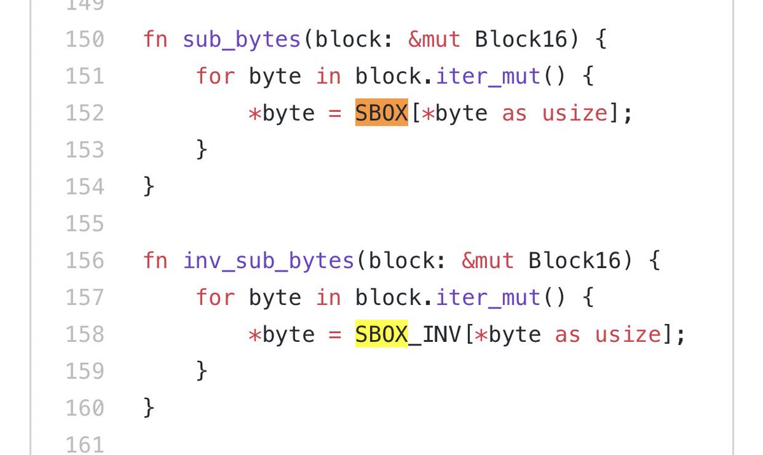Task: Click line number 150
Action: click(x=85, y=39)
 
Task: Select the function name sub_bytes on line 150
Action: click(x=242, y=39)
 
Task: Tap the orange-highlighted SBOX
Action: click(x=381, y=113)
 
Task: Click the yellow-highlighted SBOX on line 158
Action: click(x=381, y=334)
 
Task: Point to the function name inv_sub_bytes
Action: click(x=268, y=261)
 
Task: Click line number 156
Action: click(x=85, y=261)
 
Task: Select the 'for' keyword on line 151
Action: click(x=215, y=76)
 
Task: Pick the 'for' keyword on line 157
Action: click(x=215, y=297)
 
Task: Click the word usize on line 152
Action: click(x=575, y=113)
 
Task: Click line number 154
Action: click(x=85, y=187)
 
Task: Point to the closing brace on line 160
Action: click(x=149, y=408)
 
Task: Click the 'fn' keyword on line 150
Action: click(x=156, y=39)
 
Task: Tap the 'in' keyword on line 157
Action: click(x=328, y=297)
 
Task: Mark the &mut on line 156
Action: click(x=487, y=261)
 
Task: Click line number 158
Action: click(x=85, y=334)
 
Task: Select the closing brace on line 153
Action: click(x=202, y=150)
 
